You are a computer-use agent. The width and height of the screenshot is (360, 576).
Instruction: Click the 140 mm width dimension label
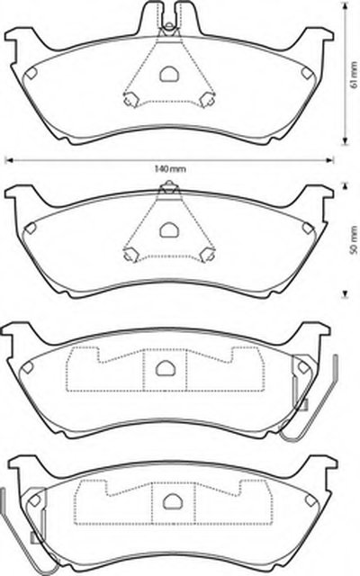[x=170, y=169]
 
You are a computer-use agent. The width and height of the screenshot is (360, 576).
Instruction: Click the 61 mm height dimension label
[x=354, y=75]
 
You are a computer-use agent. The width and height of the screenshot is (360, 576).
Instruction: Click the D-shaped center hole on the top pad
[x=169, y=74]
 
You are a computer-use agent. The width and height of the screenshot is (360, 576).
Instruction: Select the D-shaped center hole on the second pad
[x=169, y=229]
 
